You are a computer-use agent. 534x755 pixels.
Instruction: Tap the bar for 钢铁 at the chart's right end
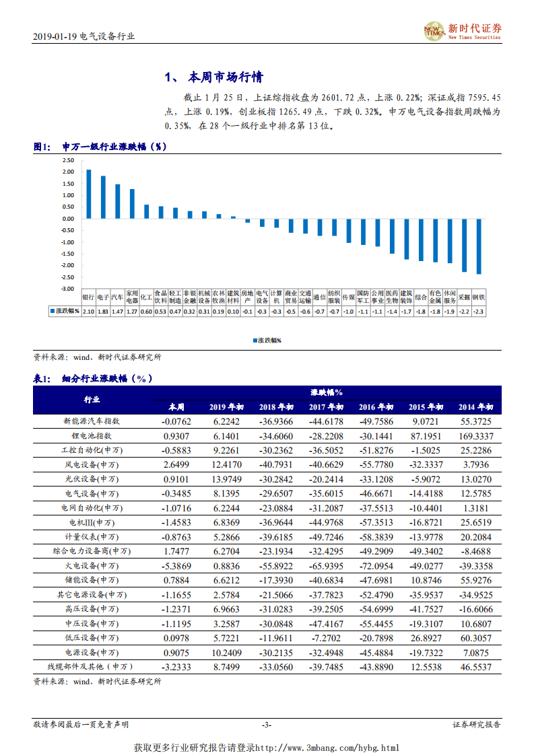(478, 246)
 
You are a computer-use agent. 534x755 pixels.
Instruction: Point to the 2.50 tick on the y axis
(67, 160)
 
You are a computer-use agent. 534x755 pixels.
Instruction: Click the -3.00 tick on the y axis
(66, 289)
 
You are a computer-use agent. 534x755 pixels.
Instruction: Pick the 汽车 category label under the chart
(117, 297)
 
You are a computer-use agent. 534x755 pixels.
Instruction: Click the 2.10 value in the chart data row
(88, 312)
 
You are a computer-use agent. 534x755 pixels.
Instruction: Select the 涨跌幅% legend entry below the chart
(267, 340)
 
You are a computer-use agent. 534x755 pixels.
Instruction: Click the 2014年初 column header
(476, 407)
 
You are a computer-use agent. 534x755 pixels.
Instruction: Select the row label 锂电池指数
(92, 435)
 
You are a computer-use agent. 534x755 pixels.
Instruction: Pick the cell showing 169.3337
(476, 435)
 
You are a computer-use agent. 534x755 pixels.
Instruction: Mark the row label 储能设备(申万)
(92, 580)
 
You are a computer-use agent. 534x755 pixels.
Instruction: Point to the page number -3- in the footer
(267, 725)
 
